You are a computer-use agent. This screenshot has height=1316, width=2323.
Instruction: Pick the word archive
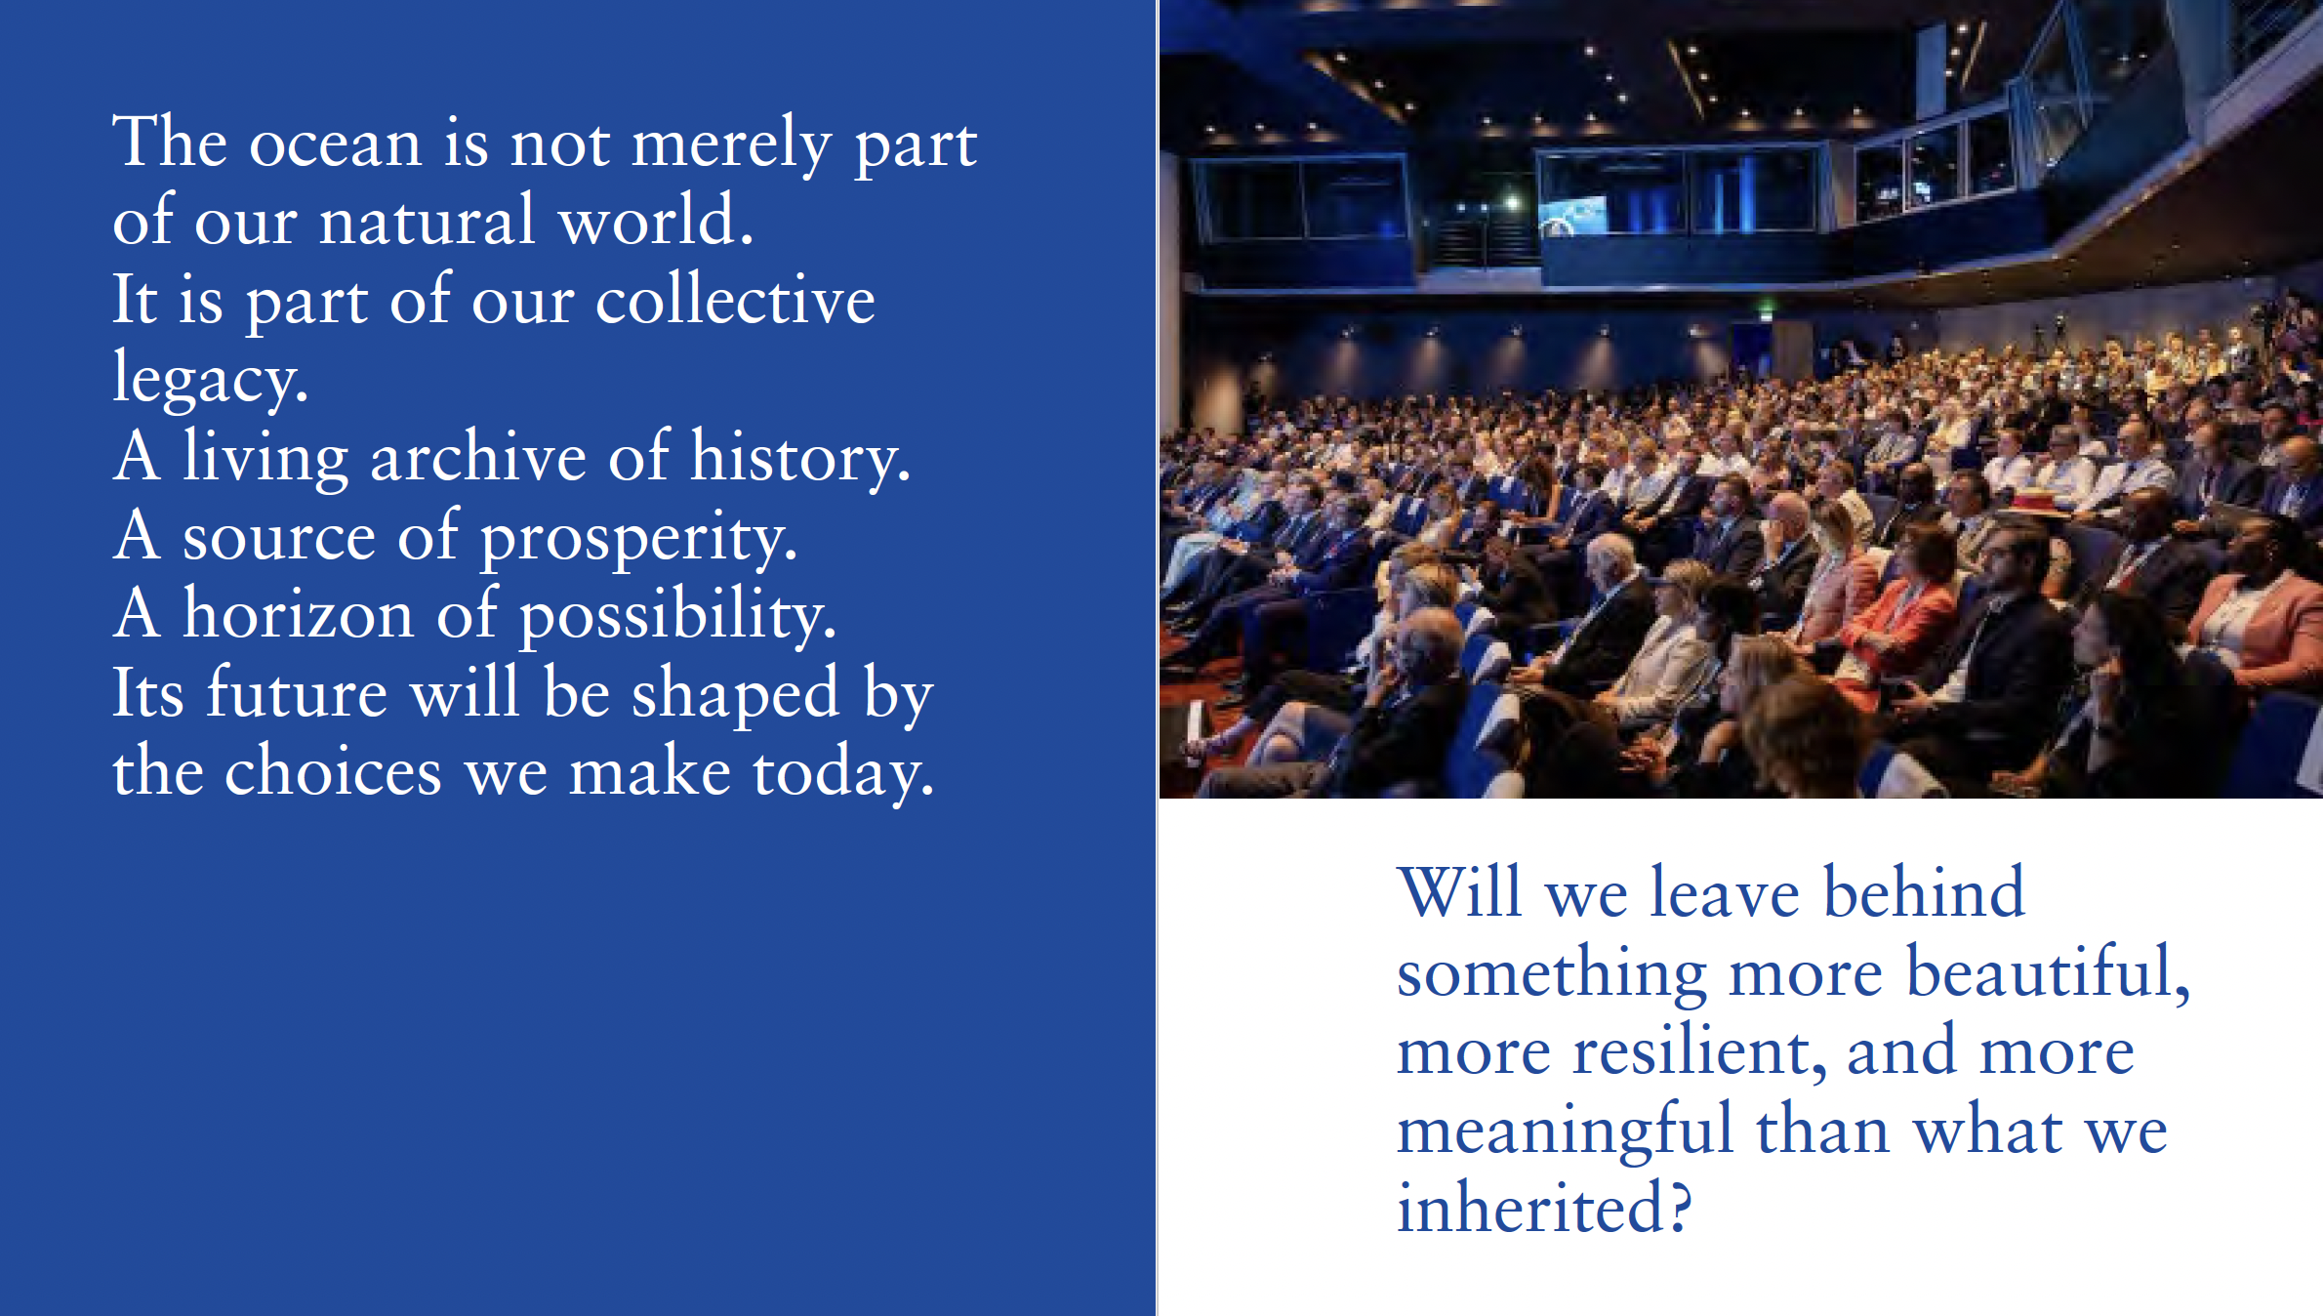click(x=478, y=456)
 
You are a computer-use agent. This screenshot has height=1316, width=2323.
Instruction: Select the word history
click(x=800, y=458)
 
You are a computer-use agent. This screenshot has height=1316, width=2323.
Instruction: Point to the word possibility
click(x=677, y=616)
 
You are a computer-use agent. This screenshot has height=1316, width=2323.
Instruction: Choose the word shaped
click(x=735, y=695)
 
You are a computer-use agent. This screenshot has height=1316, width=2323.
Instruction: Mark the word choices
click(x=333, y=771)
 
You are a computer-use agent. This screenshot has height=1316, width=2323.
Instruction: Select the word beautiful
click(x=2049, y=972)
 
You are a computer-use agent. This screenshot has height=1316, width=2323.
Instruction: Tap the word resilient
click(x=1699, y=1052)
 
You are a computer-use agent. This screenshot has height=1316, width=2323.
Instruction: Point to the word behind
click(x=1924, y=892)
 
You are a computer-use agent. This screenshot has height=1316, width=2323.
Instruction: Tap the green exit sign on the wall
click(x=1767, y=312)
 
